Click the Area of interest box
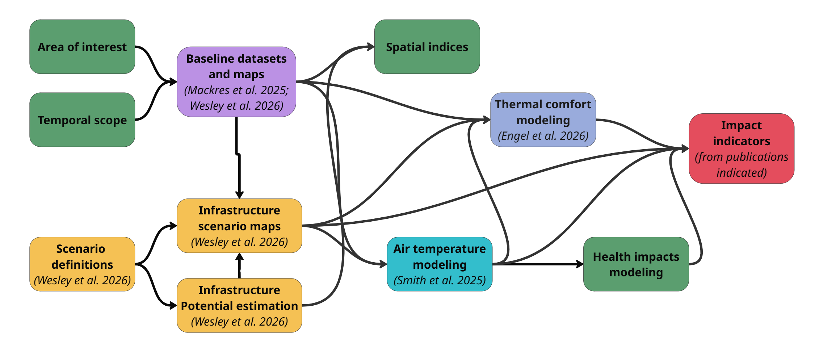coord(82,47)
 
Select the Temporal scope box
coord(82,120)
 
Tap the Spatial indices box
coord(427,47)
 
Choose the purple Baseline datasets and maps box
coord(236,81)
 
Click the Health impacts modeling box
coord(636,264)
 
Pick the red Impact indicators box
coord(741,148)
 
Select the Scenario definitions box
coord(82,264)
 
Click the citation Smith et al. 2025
coord(440,280)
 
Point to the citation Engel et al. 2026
coord(543,136)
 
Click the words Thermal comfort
coord(543,104)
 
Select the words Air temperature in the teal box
coord(440,249)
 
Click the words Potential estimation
coord(239,306)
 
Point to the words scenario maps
coord(239,226)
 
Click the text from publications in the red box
coord(741,157)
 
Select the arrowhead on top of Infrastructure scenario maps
coord(239,195)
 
